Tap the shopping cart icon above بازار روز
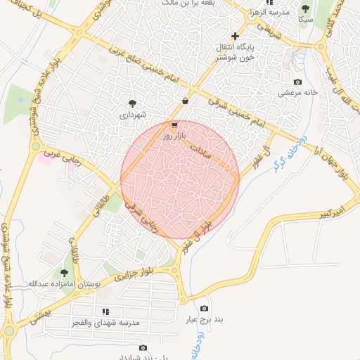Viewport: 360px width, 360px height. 174,124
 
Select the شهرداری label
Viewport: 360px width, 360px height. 131,113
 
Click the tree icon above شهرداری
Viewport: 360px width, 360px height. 131,103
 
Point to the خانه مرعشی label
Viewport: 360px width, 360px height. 298,92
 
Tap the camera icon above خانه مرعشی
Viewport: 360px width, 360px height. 297,82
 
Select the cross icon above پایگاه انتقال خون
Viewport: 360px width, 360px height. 235,36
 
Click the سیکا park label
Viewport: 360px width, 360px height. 305,20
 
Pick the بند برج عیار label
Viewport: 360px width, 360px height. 204,319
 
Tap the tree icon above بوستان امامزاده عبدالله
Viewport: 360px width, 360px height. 65,273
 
